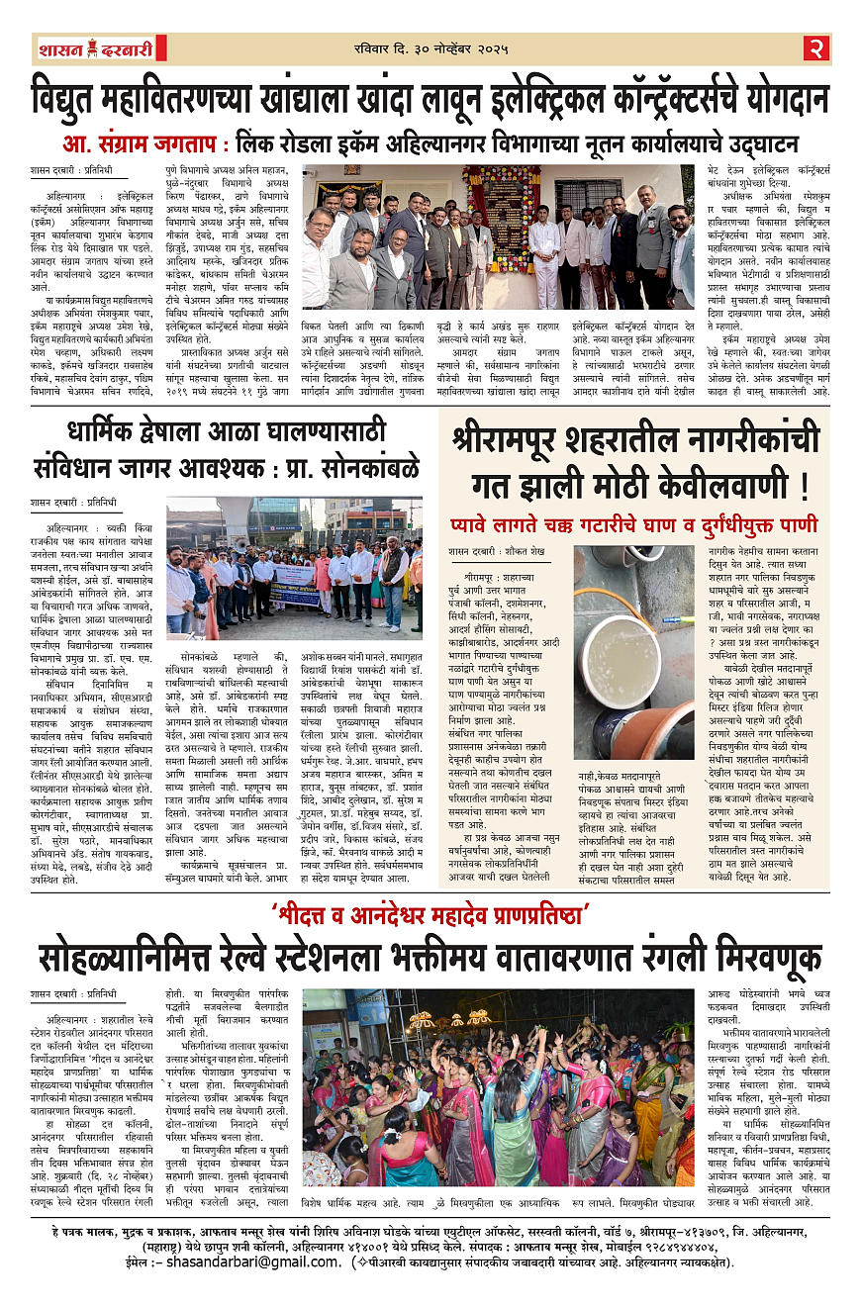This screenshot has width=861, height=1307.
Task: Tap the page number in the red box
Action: (x=816, y=48)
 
